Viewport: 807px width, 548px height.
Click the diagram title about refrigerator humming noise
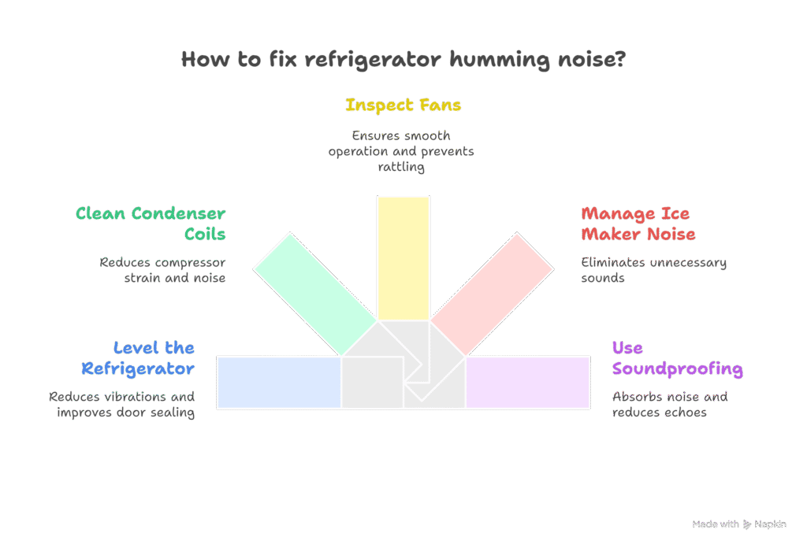(403, 60)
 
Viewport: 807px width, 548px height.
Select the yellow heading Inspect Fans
(403, 105)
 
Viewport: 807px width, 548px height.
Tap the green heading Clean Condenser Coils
(151, 224)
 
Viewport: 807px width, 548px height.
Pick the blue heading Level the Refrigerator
(138, 357)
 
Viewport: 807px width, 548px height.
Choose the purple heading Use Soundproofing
(677, 357)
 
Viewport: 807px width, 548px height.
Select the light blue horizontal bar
(278, 382)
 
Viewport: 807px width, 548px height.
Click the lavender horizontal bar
(528, 382)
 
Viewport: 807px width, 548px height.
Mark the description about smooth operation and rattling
(401, 151)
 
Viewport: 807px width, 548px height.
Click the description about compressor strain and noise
(163, 269)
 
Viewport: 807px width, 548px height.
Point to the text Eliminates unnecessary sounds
(653, 269)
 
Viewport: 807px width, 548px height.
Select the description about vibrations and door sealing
(121, 404)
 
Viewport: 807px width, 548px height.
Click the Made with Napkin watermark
(739, 524)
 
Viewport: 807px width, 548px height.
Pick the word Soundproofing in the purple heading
(677, 368)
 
